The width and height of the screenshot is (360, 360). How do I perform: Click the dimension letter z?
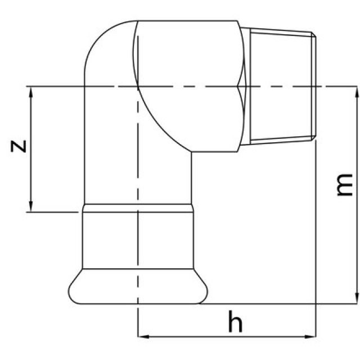[x=19, y=146]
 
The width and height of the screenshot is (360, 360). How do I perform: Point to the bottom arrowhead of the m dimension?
[x=355, y=299]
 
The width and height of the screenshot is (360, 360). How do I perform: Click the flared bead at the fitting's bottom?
[x=138, y=290]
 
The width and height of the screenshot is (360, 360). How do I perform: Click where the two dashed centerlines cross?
[x=138, y=86]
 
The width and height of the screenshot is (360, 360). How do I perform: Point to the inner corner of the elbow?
[x=191, y=152]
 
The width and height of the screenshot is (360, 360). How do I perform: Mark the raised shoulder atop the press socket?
[x=138, y=209]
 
